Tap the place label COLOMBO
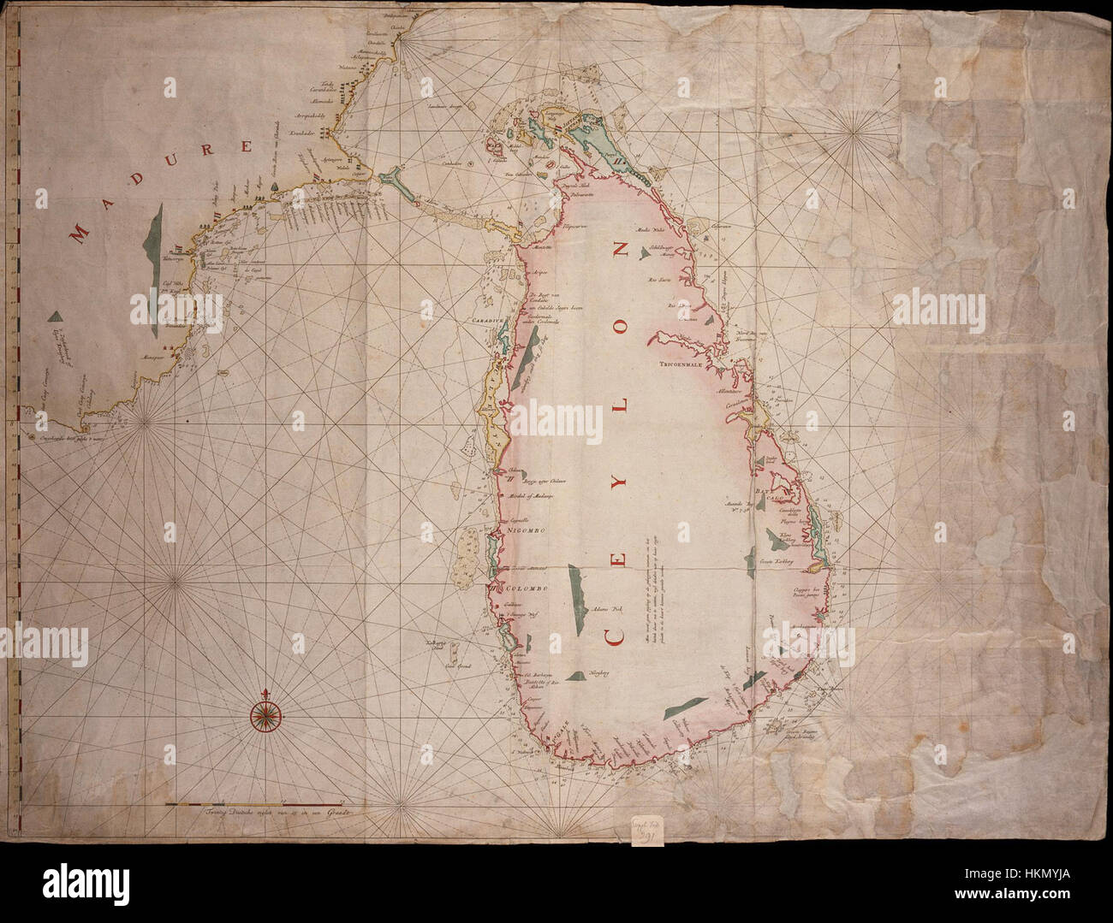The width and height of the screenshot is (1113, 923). click(525, 589)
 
